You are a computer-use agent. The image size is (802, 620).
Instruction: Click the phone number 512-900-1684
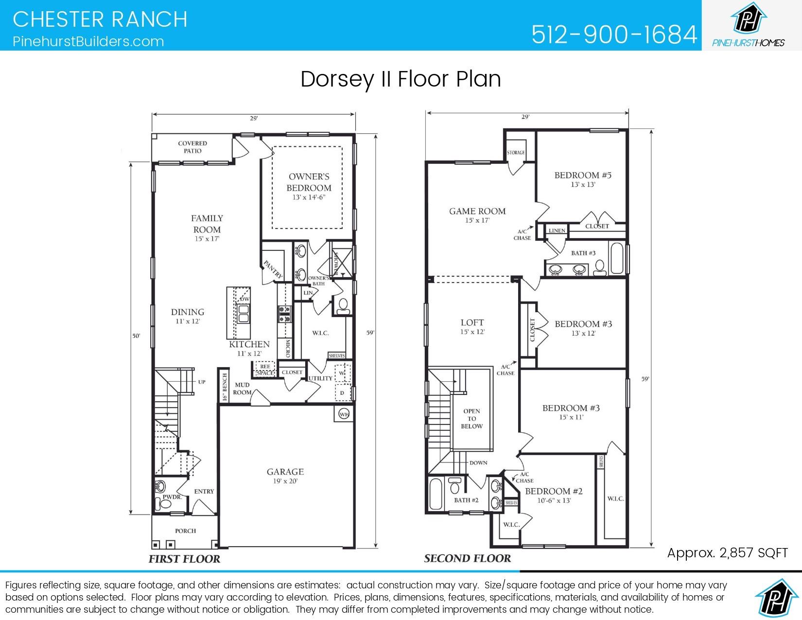pyautogui.click(x=614, y=35)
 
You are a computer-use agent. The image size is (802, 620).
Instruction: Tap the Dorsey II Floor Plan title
pyautogui.click(x=401, y=79)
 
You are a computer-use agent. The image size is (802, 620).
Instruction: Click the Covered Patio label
pyautogui.click(x=192, y=147)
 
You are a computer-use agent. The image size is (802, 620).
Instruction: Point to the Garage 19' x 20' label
pyautogui.click(x=285, y=476)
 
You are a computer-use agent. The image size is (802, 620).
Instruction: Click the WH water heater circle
pyautogui.click(x=344, y=414)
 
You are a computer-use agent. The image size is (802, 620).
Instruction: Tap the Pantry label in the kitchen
pyautogui.click(x=273, y=269)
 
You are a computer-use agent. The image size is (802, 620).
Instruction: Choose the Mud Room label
pyautogui.click(x=243, y=389)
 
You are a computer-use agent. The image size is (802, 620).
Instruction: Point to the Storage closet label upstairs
pyautogui.click(x=516, y=153)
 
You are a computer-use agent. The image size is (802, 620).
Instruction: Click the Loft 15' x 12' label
pyautogui.click(x=472, y=326)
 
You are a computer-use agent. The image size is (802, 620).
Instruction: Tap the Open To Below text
pyautogui.click(x=471, y=419)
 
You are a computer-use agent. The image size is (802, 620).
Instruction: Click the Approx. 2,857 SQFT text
pyautogui.click(x=727, y=552)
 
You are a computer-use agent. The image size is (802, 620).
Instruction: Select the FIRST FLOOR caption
pyautogui.click(x=184, y=559)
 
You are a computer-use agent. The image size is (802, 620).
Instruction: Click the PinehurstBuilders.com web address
pyautogui.click(x=88, y=41)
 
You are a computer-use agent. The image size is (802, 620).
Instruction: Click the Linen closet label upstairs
pyautogui.click(x=557, y=230)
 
